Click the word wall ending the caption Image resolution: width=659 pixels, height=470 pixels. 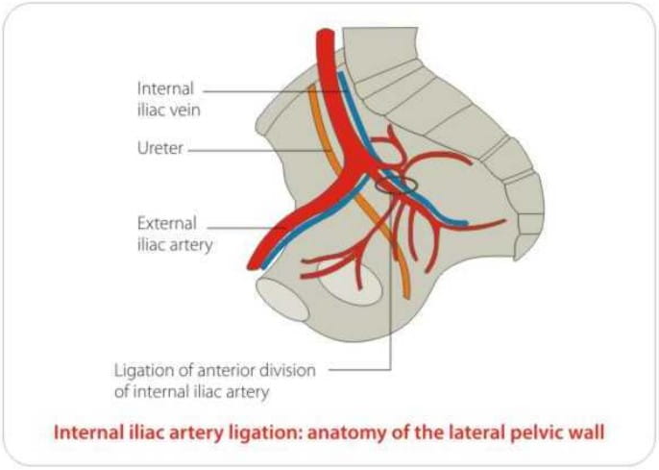pos(588,433)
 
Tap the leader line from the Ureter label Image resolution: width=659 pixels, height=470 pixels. pos(250,150)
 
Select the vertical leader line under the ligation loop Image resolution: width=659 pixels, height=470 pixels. pos(391,288)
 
